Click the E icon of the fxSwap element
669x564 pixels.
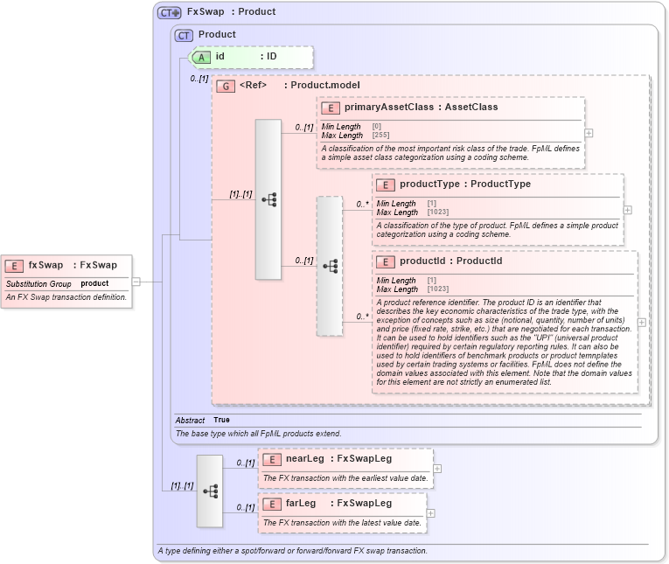point(15,265)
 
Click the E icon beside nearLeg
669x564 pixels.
point(272,459)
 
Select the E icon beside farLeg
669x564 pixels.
point(272,504)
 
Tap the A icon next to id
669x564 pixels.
point(201,56)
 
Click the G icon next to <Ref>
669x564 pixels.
point(226,86)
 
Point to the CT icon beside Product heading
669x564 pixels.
point(184,35)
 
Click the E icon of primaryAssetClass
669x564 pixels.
point(331,108)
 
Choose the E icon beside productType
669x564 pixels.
point(386,185)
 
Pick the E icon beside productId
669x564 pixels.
point(386,261)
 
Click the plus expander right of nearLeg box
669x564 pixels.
point(437,469)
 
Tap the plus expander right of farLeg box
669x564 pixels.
point(430,513)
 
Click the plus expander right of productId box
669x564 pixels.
point(642,322)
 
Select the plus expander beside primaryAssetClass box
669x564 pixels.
point(589,133)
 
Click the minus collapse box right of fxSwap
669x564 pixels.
point(136,282)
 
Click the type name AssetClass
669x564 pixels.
point(471,108)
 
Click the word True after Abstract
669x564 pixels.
point(221,421)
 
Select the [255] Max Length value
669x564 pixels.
point(380,136)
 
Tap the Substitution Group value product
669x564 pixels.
point(94,284)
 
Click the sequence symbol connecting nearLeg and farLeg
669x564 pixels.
point(210,491)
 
